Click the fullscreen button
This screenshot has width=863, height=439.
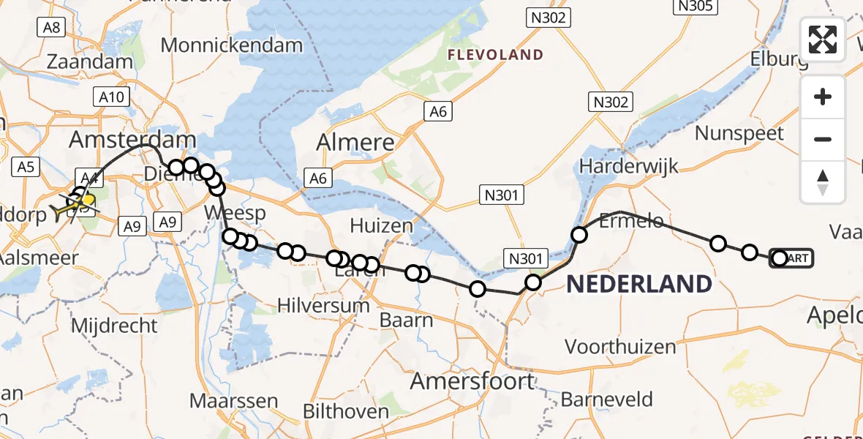pyautogui.click(x=823, y=40)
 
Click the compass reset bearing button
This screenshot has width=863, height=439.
pyautogui.click(x=823, y=182)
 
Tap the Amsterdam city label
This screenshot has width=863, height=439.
pyautogui.click(x=132, y=140)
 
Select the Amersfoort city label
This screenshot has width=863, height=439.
pyautogui.click(x=472, y=381)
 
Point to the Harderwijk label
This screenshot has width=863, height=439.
pyautogui.click(x=619, y=165)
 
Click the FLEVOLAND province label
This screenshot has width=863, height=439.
pyautogui.click(x=495, y=55)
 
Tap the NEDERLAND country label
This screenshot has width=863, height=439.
pyautogui.click(x=639, y=283)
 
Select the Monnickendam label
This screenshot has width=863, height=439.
pyautogui.click(x=231, y=45)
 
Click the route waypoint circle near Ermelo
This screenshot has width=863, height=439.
pyautogui.click(x=579, y=235)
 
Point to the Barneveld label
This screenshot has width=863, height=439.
pyautogui.click(x=607, y=399)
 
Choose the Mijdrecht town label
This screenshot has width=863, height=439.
pyautogui.click(x=114, y=326)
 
